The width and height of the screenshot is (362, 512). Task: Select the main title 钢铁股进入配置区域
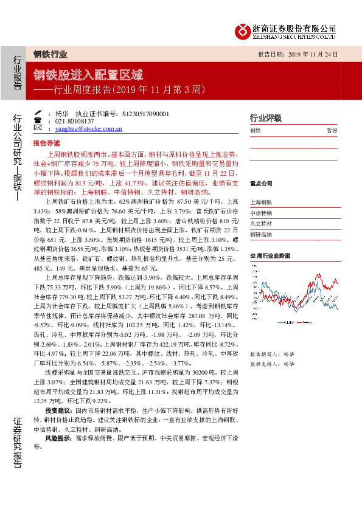click(x=88, y=75)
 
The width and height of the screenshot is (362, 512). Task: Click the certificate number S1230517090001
click(x=145, y=114)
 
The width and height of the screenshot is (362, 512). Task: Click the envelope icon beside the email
click(x=38, y=129)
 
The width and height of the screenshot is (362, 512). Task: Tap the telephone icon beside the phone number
click(x=38, y=121)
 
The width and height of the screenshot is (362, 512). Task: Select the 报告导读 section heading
click(x=46, y=142)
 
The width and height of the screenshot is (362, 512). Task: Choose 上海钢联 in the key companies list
click(x=262, y=202)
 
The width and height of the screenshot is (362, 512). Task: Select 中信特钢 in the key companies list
click(x=262, y=213)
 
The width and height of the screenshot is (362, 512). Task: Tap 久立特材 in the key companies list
click(x=262, y=224)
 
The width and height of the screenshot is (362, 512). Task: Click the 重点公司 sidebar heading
click(x=261, y=182)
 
